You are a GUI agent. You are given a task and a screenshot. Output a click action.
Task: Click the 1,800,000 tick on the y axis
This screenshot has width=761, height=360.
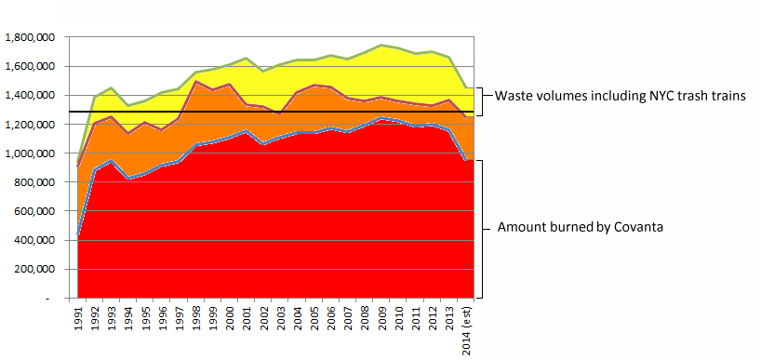coord(29,37)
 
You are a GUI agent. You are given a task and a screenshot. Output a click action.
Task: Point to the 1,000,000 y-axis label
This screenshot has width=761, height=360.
coord(29,153)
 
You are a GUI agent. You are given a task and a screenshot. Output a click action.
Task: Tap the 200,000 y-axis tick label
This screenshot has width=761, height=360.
coord(33,269)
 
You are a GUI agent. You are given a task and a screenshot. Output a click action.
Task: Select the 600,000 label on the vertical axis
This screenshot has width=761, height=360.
coord(33,211)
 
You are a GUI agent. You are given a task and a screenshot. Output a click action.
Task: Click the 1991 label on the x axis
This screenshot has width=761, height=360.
coord(79,315)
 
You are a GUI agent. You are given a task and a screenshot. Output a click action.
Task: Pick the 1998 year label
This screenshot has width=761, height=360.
coord(196,315)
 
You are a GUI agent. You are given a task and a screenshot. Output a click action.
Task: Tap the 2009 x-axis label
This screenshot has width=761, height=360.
coord(382,315)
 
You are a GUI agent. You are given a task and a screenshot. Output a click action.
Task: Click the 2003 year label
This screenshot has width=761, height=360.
coord(281,315)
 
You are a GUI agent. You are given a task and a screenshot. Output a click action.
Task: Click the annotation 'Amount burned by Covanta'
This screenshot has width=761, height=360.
coord(580,227)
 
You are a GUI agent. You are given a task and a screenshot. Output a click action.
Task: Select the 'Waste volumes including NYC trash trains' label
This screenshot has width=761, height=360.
coord(621,96)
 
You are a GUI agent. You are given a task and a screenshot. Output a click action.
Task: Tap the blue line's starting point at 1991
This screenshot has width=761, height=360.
coord(78,235)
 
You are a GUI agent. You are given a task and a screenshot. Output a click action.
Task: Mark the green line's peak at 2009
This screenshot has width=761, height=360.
coord(382,46)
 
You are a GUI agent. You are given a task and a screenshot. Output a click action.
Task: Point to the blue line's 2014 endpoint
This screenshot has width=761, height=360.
coord(467,160)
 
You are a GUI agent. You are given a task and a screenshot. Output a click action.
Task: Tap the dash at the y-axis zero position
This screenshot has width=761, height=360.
coord(47,299)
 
